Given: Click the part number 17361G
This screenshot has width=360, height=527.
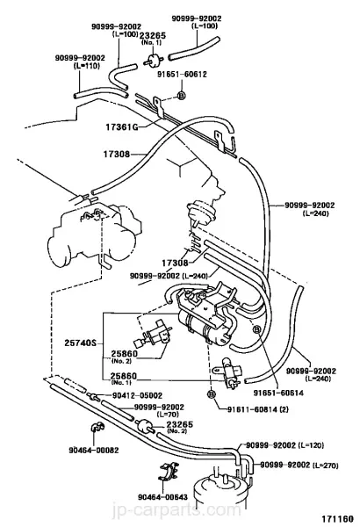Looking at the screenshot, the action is coord(122,127).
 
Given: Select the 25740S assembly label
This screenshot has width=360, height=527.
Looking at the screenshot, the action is coord(80,343).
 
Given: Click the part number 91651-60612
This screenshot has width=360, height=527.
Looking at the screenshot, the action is coord(182,75).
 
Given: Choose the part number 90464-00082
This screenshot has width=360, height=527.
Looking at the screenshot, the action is coord(94,450).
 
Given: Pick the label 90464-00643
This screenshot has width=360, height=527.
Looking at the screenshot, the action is coord(162,497).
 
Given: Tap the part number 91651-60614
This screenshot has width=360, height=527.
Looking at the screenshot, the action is coord(278,393).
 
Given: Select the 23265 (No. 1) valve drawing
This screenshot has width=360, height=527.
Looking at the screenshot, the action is coord(154,61).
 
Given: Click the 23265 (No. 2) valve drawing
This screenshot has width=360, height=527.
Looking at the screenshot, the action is coord(145,425).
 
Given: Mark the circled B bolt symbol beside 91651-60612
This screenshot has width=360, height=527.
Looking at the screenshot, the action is coord(181,96).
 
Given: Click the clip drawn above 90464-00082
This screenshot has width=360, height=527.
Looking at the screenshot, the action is coord(97,427).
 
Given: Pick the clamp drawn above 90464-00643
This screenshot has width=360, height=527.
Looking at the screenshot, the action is coord(168,471).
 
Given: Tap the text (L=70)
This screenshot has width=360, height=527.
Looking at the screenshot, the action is coord(168,415).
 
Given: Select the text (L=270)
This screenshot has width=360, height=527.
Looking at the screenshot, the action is coord(325,466).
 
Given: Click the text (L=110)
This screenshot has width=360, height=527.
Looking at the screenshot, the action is coord(86,66).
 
